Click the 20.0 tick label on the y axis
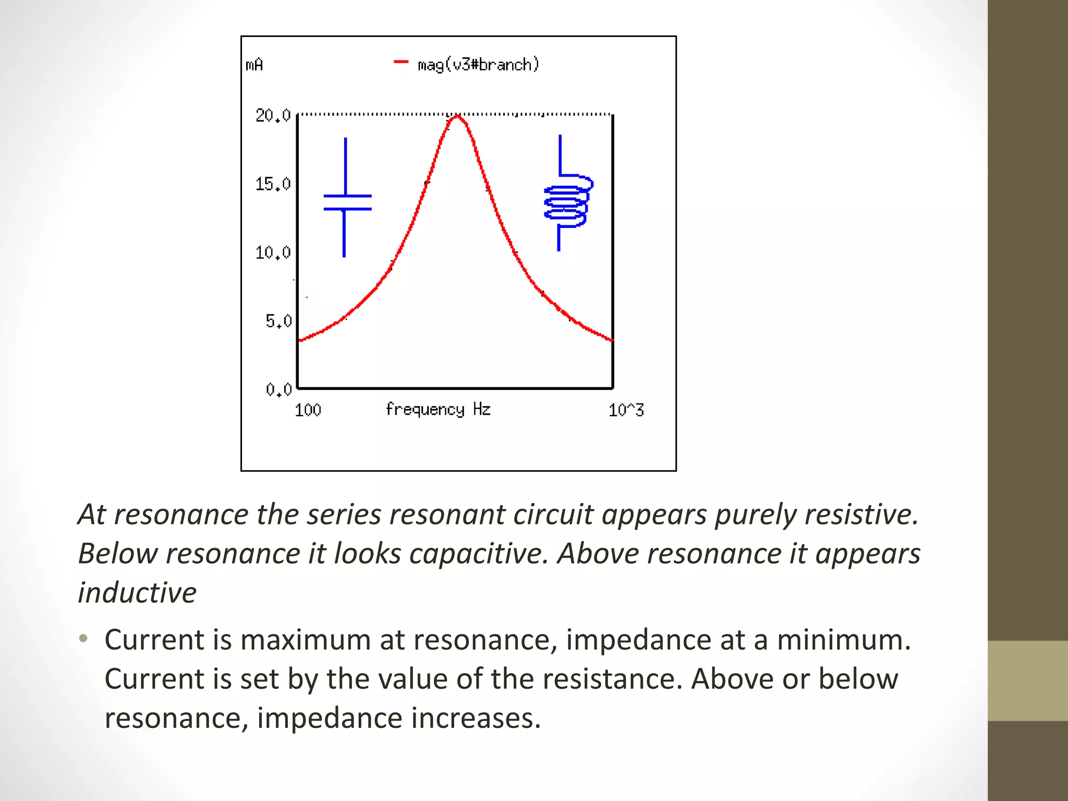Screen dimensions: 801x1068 tap(273, 115)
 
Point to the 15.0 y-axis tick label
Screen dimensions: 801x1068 tap(273, 184)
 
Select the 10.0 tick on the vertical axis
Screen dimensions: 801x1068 tap(273, 253)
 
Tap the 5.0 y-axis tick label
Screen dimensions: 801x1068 tap(278, 321)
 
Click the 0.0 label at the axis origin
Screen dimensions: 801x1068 tap(278, 390)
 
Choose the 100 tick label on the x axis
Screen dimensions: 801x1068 tap(308, 410)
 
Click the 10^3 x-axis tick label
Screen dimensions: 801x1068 tap(626, 410)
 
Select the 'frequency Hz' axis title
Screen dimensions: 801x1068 tap(438, 409)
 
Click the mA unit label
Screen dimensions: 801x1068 tap(254, 65)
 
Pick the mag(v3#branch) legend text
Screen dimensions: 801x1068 tap(478, 65)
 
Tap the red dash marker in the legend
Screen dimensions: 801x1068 tap(400, 62)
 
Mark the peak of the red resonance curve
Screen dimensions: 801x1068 tap(457, 116)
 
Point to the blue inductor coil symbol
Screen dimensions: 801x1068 tap(567, 201)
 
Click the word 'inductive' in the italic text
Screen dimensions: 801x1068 tap(137, 592)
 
